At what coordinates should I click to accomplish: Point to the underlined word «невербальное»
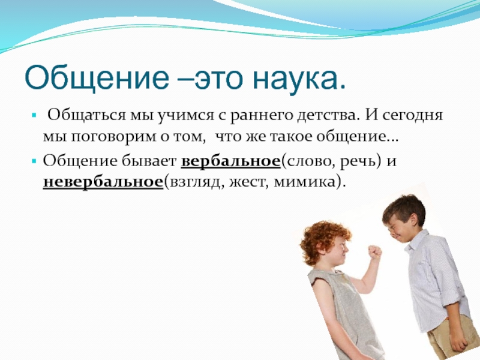click(103, 182)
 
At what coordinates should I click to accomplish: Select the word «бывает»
click(149, 161)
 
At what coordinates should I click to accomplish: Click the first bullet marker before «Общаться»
click(34, 116)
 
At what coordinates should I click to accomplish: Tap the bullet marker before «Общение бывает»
click(34, 161)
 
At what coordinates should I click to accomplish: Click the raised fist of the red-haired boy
click(374, 253)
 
